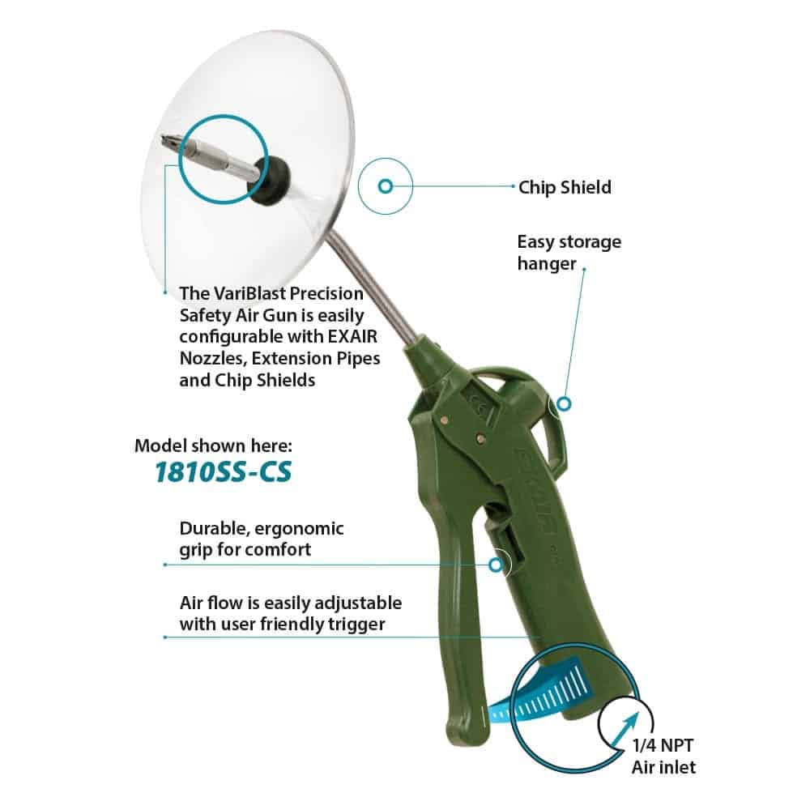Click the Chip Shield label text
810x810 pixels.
coord(565,187)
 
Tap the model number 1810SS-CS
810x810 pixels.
coord(224,471)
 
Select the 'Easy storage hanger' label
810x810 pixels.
coord(569,253)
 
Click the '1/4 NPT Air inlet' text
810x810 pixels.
coord(664,757)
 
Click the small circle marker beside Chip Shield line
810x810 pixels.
coord(386,186)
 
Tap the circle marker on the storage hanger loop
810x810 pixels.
coord(564,403)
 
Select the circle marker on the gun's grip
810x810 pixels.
coord(496,565)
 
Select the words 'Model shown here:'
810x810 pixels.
coord(213,446)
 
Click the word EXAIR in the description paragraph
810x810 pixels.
coord(353,337)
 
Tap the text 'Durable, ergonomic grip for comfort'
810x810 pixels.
coord(262,539)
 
